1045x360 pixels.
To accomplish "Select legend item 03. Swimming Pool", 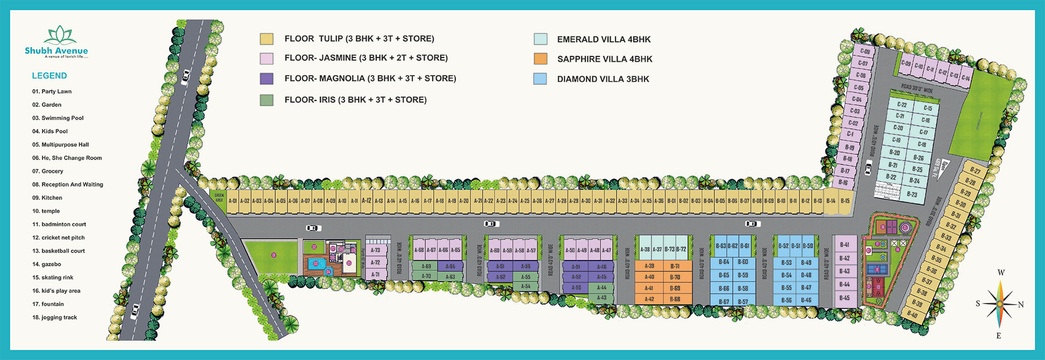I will [58, 118].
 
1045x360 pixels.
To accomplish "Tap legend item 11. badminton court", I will [59, 225].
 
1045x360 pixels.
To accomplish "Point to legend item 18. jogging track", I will [54, 318].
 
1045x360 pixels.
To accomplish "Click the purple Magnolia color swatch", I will [267, 79].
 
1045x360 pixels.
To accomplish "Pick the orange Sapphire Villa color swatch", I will [540, 59].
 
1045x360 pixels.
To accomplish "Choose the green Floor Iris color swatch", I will [267, 100].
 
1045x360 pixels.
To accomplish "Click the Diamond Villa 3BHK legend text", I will [603, 79].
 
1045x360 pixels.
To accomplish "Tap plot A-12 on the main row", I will [366, 201].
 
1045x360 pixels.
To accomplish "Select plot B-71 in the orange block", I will [675, 267].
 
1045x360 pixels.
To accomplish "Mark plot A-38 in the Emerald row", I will [645, 249].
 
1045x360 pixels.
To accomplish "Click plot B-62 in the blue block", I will [732, 246].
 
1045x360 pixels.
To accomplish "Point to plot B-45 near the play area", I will [844, 298].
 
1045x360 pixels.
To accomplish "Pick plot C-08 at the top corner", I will [865, 52].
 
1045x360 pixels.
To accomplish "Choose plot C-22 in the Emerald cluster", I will [901, 105].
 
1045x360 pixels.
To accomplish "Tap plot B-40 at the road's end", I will [912, 314].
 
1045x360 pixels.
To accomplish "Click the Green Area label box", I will [219, 197].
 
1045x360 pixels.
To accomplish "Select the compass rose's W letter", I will [1001, 273].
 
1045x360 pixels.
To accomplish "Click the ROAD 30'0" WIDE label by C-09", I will [917, 88].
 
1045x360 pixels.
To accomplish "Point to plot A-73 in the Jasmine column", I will [375, 250].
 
